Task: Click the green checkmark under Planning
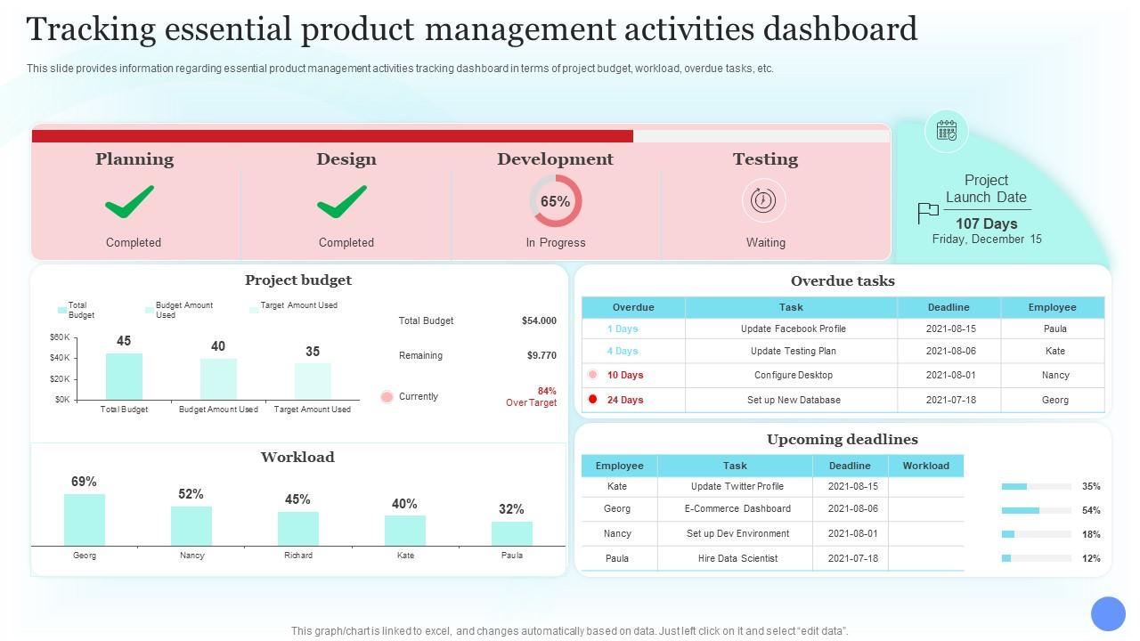pos(130,202)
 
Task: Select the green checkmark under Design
pos(342,202)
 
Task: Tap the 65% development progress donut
pos(555,201)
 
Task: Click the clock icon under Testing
pos(763,200)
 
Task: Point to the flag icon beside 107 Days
pos(928,213)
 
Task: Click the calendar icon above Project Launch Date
pos(946,131)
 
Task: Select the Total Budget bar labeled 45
pos(124,377)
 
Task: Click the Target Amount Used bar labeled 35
pos(313,381)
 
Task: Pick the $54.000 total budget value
pos(539,320)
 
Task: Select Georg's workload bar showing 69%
pos(85,520)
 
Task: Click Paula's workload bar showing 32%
pos(511,533)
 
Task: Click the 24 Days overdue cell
pos(625,400)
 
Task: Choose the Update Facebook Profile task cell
pos(793,329)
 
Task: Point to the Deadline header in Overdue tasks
pos(948,307)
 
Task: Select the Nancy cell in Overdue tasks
pos(1054,375)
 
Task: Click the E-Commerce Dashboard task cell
pos(737,508)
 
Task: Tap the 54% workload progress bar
pos(1035,510)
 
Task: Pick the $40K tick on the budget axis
pos(60,358)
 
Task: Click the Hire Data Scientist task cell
pos(737,558)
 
